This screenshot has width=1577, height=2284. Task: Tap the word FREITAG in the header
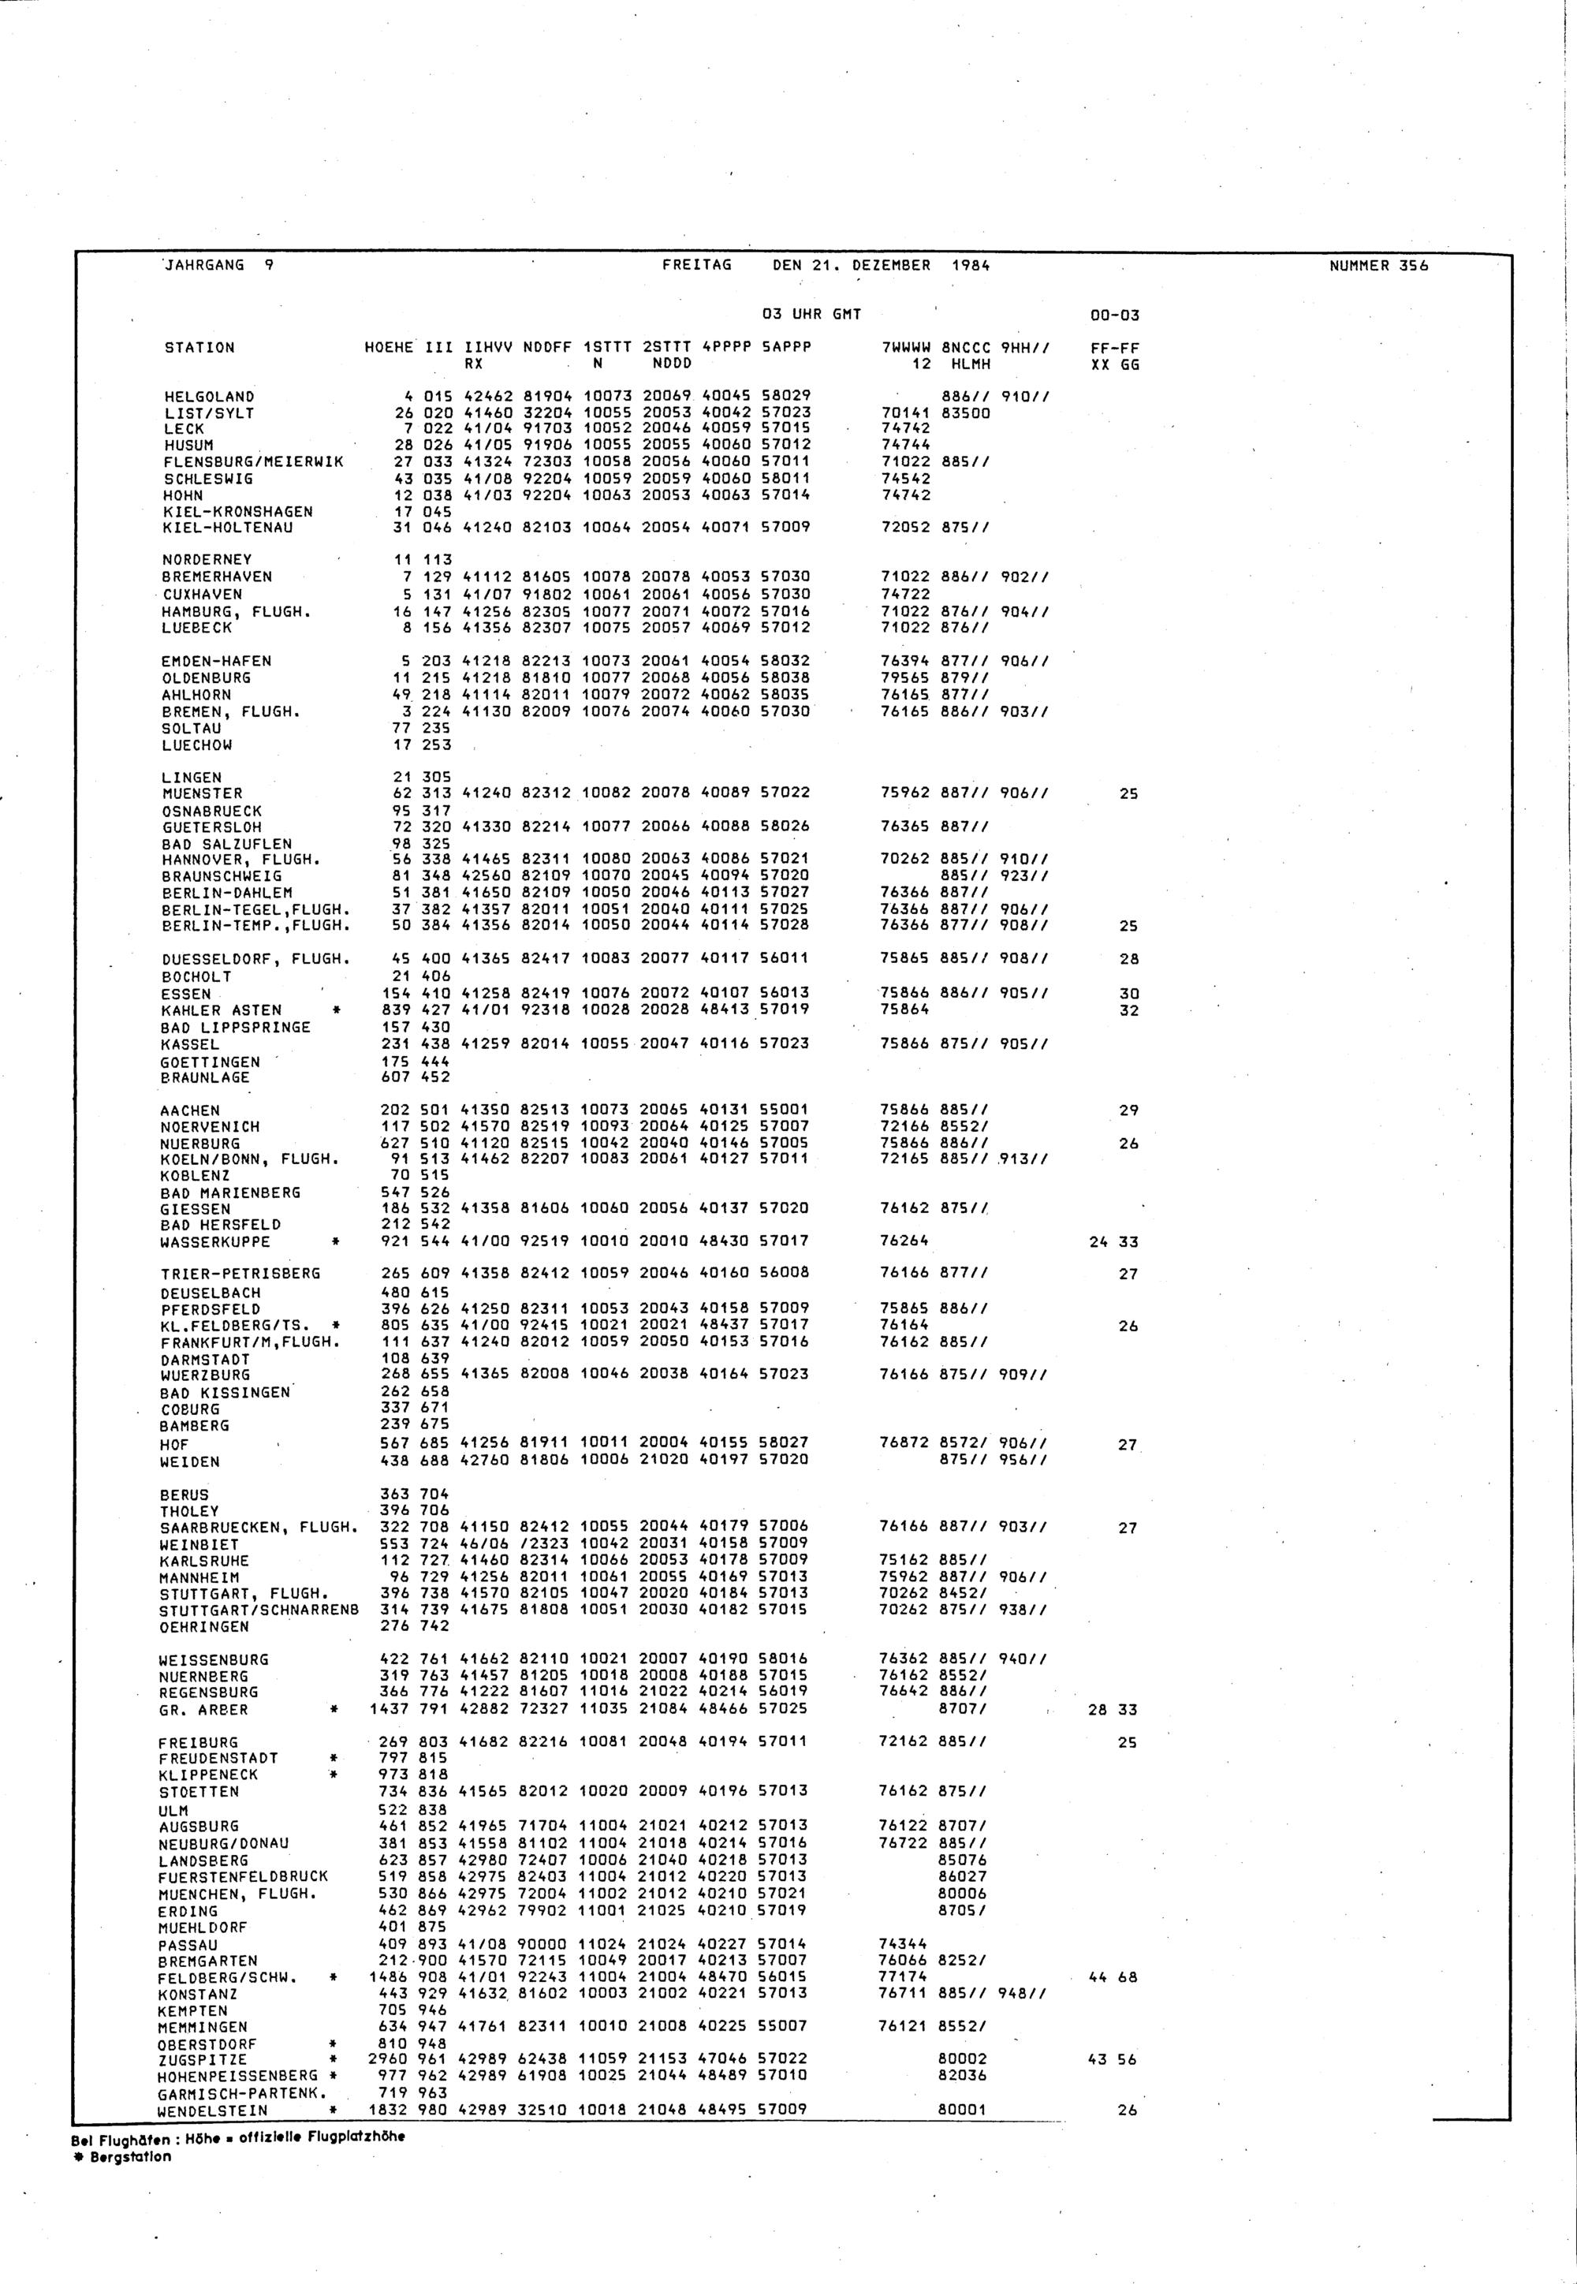click(696, 265)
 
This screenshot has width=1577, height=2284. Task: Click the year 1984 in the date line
click(971, 265)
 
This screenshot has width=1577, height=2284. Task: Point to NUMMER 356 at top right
click(1378, 265)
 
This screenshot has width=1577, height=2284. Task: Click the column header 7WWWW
click(906, 348)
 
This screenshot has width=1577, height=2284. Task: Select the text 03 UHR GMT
click(811, 314)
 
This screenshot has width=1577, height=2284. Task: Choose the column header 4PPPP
click(725, 348)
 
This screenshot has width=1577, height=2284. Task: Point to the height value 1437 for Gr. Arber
click(390, 1710)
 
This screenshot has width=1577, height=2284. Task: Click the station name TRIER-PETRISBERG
click(240, 1274)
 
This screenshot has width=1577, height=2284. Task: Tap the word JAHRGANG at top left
click(203, 265)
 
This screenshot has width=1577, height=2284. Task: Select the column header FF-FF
click(1115, 348)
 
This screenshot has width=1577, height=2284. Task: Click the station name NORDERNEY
click(207, 559)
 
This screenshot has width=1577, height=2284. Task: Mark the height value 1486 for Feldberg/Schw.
click(388, 1976)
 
